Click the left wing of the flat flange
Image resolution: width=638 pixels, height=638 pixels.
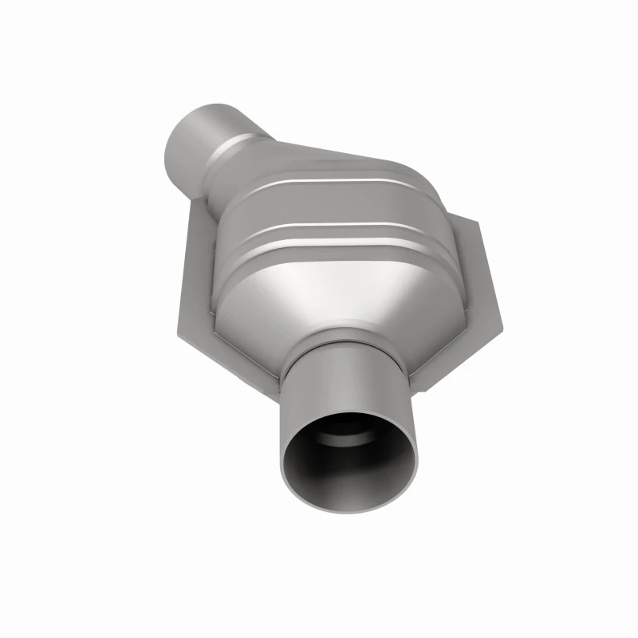191,263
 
